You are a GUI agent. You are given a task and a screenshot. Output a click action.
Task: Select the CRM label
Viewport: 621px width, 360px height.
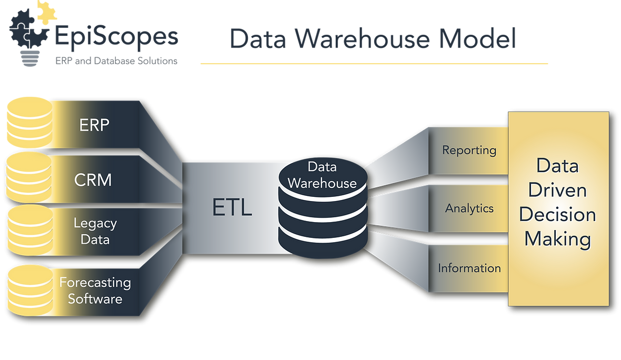93,180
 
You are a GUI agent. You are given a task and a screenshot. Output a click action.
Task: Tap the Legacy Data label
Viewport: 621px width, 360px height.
95,232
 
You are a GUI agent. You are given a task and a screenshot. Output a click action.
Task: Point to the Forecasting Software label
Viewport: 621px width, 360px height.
95,291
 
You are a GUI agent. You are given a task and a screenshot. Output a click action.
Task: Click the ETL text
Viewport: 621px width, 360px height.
232,208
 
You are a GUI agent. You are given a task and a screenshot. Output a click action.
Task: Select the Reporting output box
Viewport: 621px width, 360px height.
469,151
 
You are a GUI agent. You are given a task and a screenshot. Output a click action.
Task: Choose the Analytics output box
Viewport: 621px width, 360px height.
469,208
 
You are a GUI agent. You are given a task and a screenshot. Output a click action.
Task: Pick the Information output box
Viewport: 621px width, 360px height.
469,268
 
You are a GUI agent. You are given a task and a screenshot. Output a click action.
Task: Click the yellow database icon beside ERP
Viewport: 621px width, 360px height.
28,122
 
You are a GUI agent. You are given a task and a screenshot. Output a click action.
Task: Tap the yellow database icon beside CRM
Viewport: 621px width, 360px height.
28,177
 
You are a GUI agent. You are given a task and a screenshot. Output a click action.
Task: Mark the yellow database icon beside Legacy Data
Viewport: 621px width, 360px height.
28,229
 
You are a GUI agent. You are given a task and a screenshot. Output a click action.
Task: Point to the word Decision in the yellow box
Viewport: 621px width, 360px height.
557,215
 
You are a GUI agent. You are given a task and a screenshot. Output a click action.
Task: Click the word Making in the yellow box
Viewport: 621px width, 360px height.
557,239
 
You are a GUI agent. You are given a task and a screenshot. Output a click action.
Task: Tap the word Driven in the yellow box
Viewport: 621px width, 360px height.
557,190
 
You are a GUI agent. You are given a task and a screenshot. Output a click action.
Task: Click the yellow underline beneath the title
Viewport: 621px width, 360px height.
374,64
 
